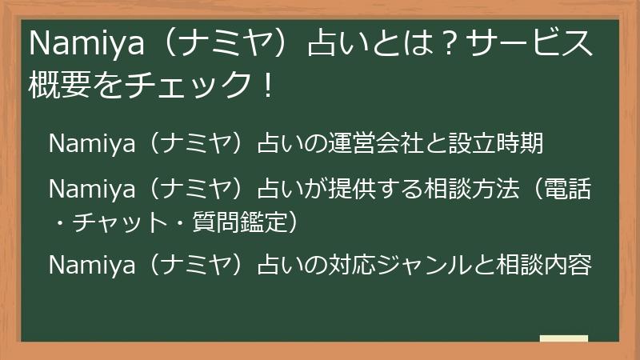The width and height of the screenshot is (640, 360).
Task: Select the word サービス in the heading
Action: (x=532, y=44)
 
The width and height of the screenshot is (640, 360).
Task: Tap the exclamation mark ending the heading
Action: (x=266, y=84)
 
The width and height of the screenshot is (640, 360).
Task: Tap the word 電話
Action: (x=568, y=190)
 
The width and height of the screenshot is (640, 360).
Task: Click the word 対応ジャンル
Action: (x=400, y=265)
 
